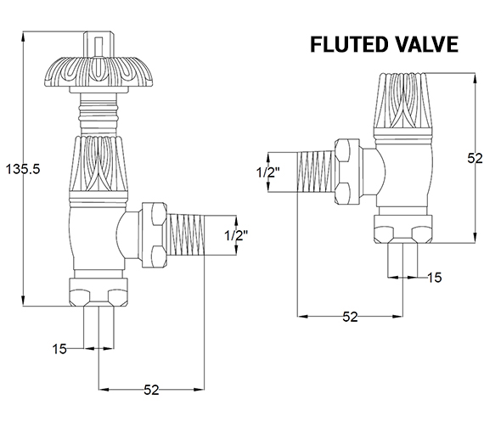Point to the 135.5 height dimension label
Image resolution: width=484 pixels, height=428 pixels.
pos(21,167)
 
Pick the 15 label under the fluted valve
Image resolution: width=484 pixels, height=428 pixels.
pos(434,278)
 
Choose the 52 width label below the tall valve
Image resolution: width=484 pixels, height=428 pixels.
pos(151,391)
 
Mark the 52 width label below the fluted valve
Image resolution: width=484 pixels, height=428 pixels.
pos(349,318)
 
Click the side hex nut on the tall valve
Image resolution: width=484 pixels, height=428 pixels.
pos(153,230)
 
